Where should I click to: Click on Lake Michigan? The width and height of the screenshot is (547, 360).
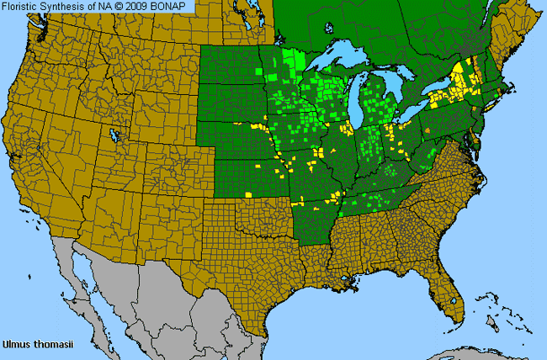point(357,93)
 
